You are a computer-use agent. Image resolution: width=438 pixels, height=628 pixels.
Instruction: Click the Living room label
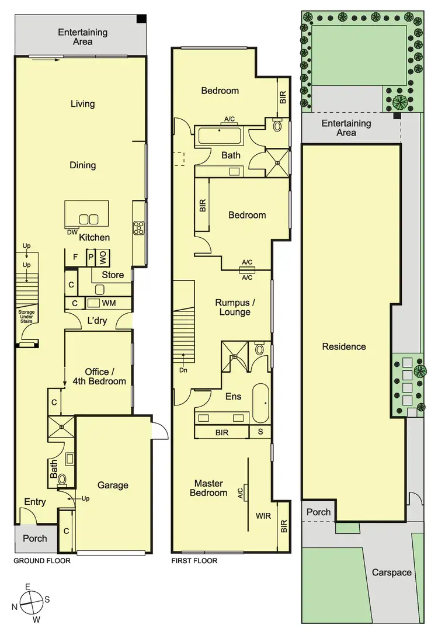pyautogui.click(x=82, y=104)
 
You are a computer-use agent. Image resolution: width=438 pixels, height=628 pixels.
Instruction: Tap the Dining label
pyautogui.click(x=82, y=165)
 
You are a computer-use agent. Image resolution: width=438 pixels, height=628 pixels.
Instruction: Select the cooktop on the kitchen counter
pyautogui.click(x=138, y=228)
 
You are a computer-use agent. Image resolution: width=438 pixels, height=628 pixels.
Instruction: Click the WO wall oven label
pyautogui.click(x=102, y=256)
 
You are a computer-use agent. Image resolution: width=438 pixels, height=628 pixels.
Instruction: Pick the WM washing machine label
pyautogui.click(x=109, y=303)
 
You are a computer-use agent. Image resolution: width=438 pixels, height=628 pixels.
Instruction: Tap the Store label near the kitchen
pyautogui.click(x=113, y=275)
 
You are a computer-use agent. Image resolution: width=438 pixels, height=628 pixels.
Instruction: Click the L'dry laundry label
pyautogui.click(x=97, y=321)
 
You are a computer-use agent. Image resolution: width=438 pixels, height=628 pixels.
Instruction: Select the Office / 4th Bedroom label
pyautogui.click(x=105, y=376)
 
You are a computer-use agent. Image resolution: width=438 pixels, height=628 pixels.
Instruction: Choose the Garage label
pyautogui.click(x=113, y=485)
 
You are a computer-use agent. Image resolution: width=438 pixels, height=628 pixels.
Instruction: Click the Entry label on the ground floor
pyautogui.click(x=35, y=502)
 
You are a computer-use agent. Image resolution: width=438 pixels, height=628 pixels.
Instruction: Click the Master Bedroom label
pyautogui.click(x=211, y=488)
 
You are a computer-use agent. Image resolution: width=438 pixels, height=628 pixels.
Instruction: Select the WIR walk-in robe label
pyautogui.click(x=262, y=516)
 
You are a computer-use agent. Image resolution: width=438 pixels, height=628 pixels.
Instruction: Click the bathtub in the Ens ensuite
pyautogui.click(x=261, y=404)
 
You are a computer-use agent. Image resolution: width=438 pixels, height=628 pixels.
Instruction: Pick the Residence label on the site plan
pyautogui.click(x=344, y=346)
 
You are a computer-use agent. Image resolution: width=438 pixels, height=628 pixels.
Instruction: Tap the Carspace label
pyautogui.click(x=392, y=573)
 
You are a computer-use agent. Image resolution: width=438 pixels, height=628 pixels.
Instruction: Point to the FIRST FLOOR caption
pyautogui.click(x=194, y=561)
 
